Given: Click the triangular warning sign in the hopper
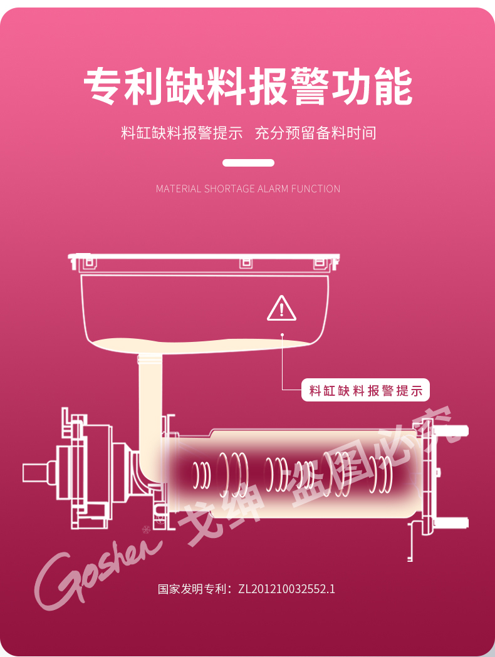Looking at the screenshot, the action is coord(282,308).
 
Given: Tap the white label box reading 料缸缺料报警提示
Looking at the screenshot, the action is coord(366,391).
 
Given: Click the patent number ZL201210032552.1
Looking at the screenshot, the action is coord(287,589).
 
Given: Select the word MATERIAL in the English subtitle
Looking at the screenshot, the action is coord(179,189).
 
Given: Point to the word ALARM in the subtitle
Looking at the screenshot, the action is coord(273,189).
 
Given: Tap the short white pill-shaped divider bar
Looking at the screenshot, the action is coord(249,163).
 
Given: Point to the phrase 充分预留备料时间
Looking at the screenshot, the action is coord(315,133).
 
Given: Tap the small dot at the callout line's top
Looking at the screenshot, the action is coord(283,335).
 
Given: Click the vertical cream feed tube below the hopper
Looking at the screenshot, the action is coord(150,401).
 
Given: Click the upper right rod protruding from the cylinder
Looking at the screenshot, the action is coord(454,431).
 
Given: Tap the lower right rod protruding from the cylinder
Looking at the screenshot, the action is coord(454,522).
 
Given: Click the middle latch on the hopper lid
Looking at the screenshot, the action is coord(245,262).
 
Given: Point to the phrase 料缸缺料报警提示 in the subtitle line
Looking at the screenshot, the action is coord(182,133).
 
